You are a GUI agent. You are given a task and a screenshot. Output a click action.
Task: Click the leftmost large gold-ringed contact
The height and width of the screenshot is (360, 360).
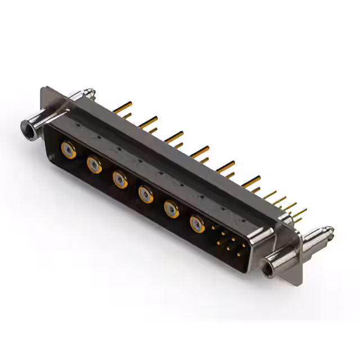69,151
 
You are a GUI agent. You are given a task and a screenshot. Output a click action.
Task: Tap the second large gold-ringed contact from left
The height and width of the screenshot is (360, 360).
94,165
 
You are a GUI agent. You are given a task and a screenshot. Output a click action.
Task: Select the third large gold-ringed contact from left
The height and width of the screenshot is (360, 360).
119,179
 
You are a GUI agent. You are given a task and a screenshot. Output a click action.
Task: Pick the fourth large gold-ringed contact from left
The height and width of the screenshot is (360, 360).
145,194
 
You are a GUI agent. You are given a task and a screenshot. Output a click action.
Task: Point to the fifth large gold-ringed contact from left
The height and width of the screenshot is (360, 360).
171,209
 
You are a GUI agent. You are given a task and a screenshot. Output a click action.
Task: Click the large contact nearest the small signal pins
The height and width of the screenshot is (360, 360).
197,224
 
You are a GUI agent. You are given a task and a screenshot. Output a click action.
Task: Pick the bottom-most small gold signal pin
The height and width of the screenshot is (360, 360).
238,254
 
